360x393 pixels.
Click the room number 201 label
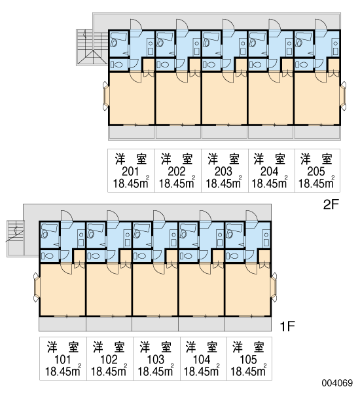tap(130, 172)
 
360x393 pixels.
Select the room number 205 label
tap(316, 172)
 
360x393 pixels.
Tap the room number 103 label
tap(155, 360)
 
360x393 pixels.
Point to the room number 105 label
tap(248, 360)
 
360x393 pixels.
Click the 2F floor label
tap(331, 205)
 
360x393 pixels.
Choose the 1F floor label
tap(287, 326)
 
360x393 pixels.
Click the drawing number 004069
tap(337, 383)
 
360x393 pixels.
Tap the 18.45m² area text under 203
tap(224, 183)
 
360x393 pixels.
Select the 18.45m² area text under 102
tap(109, 371)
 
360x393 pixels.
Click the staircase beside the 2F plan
tap(92, 48)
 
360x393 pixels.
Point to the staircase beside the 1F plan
tap(16, 238)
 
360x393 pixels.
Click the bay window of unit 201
tap(105, 96)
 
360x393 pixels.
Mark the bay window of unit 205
tap(343, 96)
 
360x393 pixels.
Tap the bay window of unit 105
tap(274, 288)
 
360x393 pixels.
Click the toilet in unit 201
tap(116, 65)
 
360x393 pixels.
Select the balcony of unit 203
tap(225, 132)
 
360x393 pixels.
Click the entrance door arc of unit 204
tap(275, 25)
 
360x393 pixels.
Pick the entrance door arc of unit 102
tap(113, 215)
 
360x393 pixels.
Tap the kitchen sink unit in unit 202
tap(197, 47)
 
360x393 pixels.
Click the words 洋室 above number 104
tap(202, 347)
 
